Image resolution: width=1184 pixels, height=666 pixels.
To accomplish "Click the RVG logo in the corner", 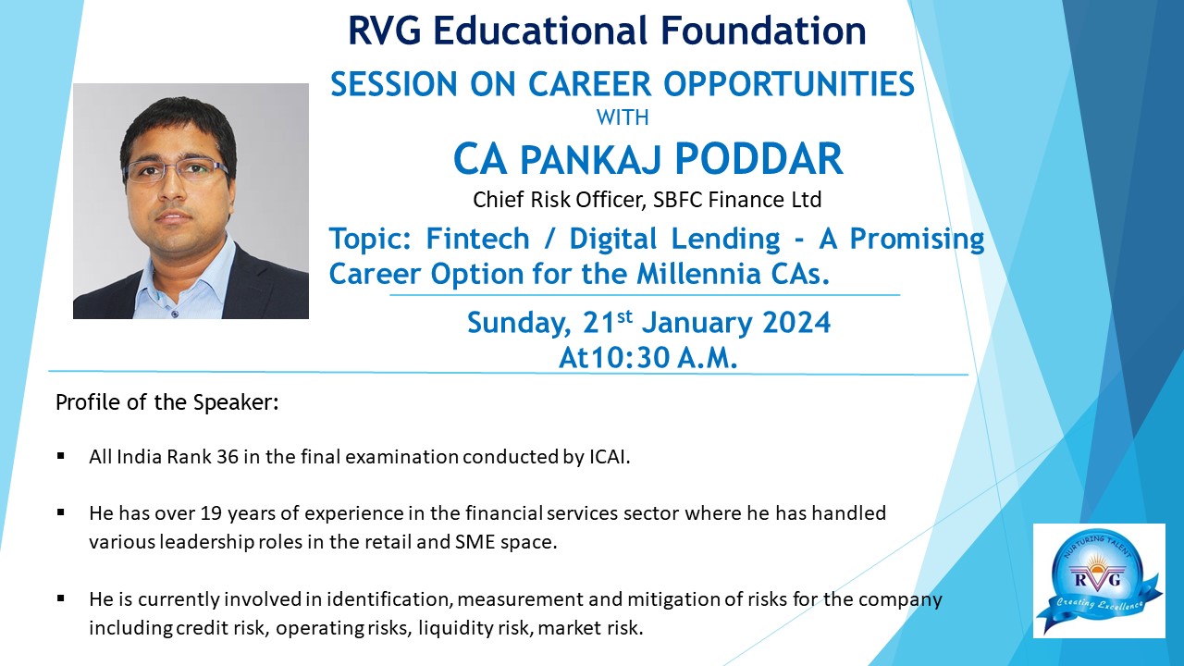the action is [x=1099, y=580].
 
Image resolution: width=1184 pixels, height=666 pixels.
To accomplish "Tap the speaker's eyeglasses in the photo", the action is [x=175, y=171].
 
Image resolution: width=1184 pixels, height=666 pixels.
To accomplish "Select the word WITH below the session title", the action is [x=623, y=117].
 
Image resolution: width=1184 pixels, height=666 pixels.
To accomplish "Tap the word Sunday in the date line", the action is [x=519, y=324].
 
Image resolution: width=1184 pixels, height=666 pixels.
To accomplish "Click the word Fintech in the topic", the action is [x=477, y=239].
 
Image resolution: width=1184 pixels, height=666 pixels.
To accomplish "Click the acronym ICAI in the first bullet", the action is [x=610, y=457].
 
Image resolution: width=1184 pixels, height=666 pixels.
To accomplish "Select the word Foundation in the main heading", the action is [x=763, y=31].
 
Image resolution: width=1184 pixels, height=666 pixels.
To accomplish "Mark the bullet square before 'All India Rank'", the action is [x=61, y=456].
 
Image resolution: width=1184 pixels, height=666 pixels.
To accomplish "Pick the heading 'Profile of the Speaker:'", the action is [x=167, y=402].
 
